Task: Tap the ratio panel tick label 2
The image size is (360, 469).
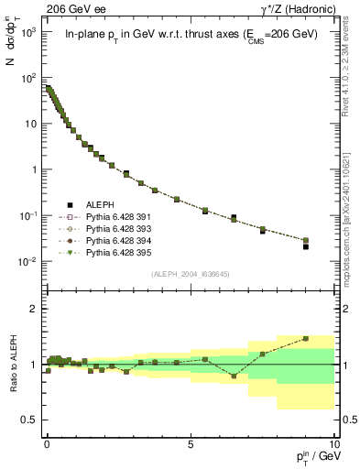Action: coord(33,309)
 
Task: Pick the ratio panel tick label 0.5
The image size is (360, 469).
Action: coord(29,420)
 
